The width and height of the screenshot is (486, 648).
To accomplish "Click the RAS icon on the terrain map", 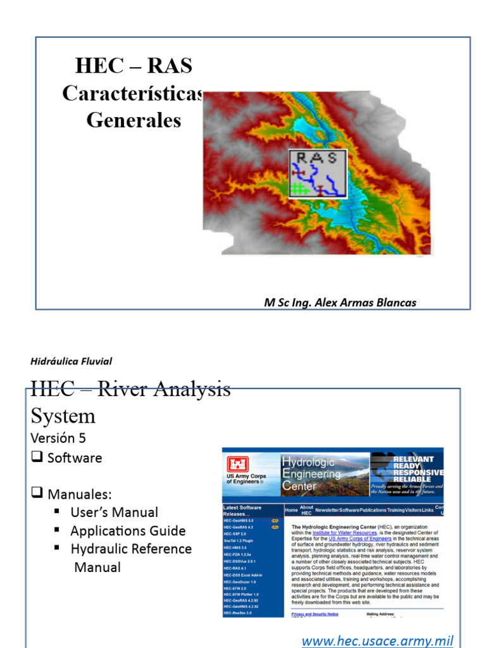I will click(x=318, y=174).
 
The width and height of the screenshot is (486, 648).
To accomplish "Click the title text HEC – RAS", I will click(x=134, y=66).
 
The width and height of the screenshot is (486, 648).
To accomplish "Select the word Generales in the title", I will click(x=134, y=120).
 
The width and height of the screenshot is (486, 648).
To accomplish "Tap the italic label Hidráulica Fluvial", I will click(x=72, y=361).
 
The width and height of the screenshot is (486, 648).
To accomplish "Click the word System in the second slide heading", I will click(x=63, y=416).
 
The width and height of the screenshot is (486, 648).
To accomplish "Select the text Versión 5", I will click(x=58, y=438).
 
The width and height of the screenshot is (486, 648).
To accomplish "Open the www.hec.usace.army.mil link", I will click(x=377, y=640).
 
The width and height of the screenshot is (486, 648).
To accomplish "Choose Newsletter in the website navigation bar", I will click(x=327, y=510).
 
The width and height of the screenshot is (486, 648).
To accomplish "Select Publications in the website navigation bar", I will click(x=373, y=510).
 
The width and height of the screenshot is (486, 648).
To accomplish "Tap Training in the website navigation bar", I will click(x=396, y=510).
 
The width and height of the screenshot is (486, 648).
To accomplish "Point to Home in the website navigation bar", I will click(x=291, y=510).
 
